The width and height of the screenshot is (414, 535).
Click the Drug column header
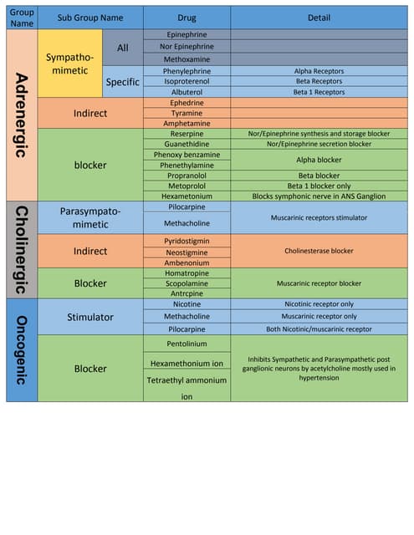click(187, 18)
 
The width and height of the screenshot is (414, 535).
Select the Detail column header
click(319, 18)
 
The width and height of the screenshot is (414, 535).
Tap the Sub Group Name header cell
click(90, 18)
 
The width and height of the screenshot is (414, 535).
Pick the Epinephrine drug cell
click(187, 35)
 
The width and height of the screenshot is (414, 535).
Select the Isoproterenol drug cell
click(187, 82)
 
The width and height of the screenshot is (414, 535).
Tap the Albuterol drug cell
click(187, 92)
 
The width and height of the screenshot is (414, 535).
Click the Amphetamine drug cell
click(187, 123)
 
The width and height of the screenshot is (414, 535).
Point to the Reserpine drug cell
click(187, 134)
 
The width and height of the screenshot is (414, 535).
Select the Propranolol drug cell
click(187, 176)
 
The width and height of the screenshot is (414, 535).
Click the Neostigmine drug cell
click(187, 252)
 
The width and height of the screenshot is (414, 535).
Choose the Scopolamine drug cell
click(187, 283)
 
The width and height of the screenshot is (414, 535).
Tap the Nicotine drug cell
click(187, 305)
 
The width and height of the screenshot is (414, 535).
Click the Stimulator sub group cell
click(90, 318)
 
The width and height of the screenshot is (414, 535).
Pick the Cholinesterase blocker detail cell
click(319, 251)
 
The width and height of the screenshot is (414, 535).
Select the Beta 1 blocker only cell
click(319, 186)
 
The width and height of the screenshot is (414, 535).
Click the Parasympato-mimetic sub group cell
click(90, 217)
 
